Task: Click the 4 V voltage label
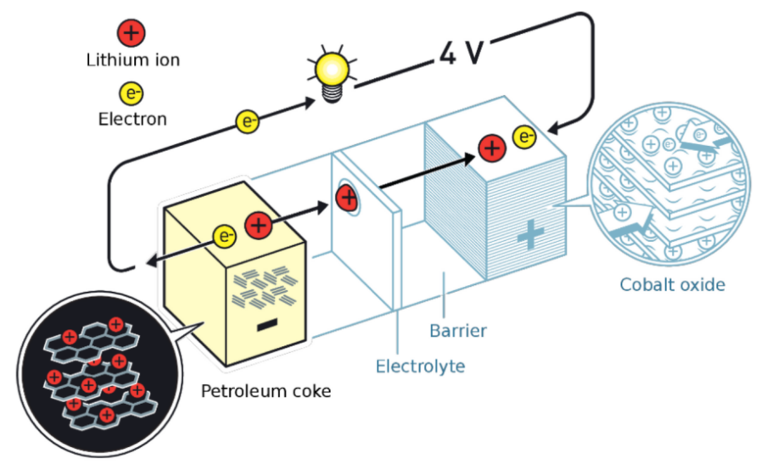461,53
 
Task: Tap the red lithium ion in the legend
132,34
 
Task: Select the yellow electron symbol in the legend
132,92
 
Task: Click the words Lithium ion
132,60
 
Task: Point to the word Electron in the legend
132,119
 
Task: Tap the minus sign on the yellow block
266,324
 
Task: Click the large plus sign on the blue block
529,234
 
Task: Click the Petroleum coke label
266,391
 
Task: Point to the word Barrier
458,330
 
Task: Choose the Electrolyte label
420,366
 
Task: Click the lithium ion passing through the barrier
346,199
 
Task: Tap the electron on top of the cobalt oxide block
524,136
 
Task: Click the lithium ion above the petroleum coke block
259,227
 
